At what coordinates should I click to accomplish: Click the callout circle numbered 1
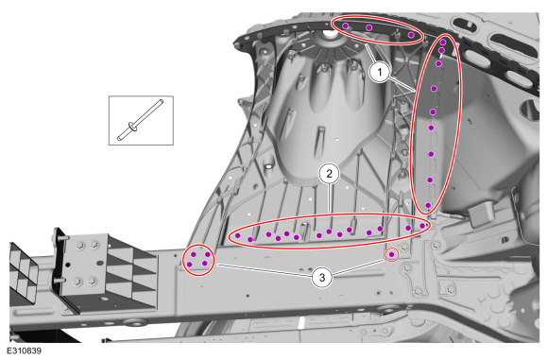point(380,73)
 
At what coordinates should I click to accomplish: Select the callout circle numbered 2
point(329,173)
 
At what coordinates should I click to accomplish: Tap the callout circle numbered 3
point(322,278)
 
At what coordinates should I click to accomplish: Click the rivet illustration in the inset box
point(141,120)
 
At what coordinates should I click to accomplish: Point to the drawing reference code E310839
point(24,351)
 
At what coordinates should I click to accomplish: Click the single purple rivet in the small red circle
point(392,254)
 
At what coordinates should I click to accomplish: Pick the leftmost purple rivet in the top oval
point(346,26)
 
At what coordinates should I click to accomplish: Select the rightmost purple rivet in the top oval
point(411,35)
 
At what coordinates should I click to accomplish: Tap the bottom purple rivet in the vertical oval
point(428,206)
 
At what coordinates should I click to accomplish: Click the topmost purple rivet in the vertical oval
point(443,43)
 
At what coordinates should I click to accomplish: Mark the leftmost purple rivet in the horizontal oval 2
point(238,235)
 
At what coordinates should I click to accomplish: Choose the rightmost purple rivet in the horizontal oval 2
point(422,226)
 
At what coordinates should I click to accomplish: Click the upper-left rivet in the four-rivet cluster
point(194,254)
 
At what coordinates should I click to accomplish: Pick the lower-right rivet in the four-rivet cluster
point(204,264)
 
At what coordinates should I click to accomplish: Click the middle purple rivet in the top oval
point(369,27)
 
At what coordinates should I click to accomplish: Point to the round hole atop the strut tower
point(328,34)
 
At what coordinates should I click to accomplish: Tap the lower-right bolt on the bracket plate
point(93,281)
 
